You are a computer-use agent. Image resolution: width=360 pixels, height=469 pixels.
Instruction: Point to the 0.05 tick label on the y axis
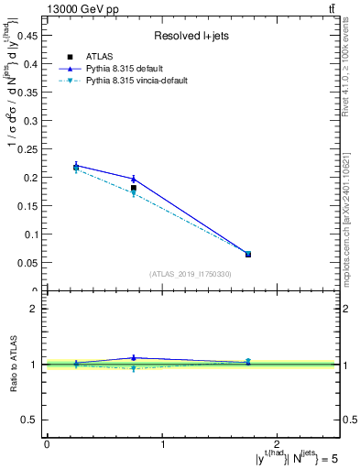[x=29, y=263]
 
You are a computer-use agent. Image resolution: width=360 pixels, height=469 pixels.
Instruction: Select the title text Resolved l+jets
[x=191, y=36]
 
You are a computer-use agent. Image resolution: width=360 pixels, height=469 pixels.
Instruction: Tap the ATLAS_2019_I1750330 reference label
[x=191, y=274]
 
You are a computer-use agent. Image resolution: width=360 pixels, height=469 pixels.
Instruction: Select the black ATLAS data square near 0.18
[x=134, y=188]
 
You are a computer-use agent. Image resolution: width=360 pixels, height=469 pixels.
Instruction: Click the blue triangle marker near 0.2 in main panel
[x=134, y=179]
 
